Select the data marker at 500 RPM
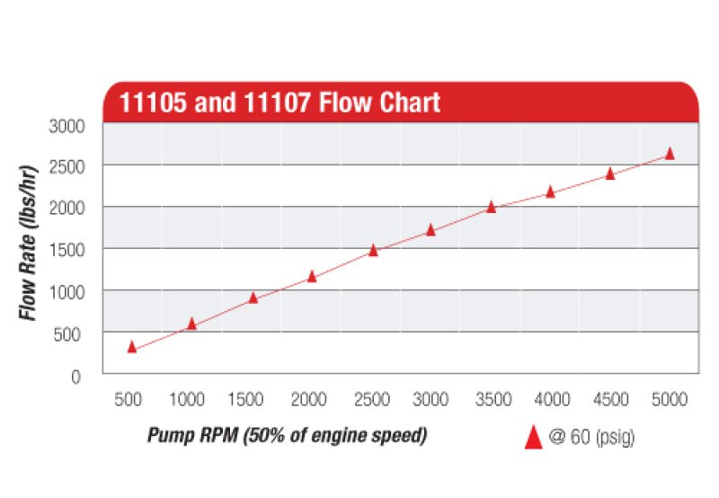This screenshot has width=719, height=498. pyautogui.click(x=132, y=347)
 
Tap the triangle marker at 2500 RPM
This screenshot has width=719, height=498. pyautogui.click(x=373, y=251)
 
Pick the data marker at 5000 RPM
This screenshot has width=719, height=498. pyautogui.click(x=670, y=154)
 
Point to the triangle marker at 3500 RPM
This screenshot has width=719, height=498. pyautogui.click(x=492, y=207)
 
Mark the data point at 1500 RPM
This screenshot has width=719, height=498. pyautogui.click(x=253, y=298)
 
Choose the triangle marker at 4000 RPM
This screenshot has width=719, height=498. pyautogui.click(x=551, y=191)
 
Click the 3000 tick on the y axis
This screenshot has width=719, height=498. pyautogui.click(x=66, y=126)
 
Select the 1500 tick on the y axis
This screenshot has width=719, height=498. pyautogui.click(x=66, y=249)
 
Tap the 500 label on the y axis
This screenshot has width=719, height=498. pyautogui.click(x=69, y=334)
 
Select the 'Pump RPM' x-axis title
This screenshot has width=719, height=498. pyautogui.click(x=287, y=437)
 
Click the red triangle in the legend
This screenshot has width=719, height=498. pyautogui.click(x=533, y=437)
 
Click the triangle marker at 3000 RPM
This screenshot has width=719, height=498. pyautogui.click(x=431, y=230)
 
